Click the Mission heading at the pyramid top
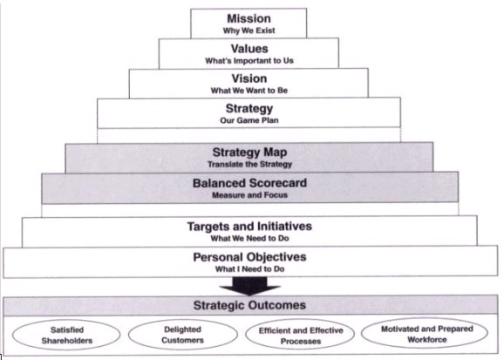tap(249, 18)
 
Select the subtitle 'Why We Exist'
tap(249, 31)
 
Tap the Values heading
tap(249, 49)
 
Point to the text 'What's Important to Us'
tap(249, 61)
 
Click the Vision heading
tap(249, 78)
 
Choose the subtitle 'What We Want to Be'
tap(249, 91)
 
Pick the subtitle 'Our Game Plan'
tap(249, 120)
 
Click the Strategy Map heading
tap(249, 152)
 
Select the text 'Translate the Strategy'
tap(249, 165)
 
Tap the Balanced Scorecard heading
tap(249, 183)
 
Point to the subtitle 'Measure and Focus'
tap(249, 195)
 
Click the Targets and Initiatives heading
tap(249, 227)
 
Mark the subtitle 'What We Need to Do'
tap(249, 239)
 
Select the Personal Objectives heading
tap(249, 257)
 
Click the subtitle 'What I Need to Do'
tap(249, 269)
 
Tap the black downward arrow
tap(249, 286)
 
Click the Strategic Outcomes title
tap(249, 305)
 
